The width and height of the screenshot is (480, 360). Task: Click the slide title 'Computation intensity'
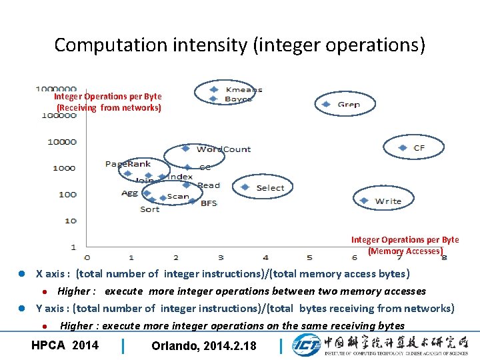tap(239, 45)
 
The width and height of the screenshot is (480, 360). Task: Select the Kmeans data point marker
tap(213, 89)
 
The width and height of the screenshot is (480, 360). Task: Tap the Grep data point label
tap(349, 105)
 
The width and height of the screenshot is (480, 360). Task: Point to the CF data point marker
tap(402, 147)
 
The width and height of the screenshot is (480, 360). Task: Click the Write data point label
tap(388, 201)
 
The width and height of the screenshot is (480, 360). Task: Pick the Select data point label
tap(270, 188)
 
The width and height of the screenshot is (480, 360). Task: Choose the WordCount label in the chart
tap(224, 149)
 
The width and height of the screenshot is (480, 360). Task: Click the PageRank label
tap(128, 164)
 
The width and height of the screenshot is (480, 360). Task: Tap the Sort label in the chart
tap(150, 209)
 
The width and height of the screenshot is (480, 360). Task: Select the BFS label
tap(209, 203)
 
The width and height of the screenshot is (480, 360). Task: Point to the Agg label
tap(130, 193)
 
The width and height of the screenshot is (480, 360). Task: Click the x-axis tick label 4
tap(265, 257)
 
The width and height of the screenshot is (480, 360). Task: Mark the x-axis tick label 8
tap(443, 257)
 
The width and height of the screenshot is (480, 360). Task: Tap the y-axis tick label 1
tap(73, 247)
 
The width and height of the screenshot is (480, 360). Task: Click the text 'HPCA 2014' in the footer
tap(65, 345)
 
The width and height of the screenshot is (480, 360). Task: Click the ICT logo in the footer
tap(306, 345)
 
